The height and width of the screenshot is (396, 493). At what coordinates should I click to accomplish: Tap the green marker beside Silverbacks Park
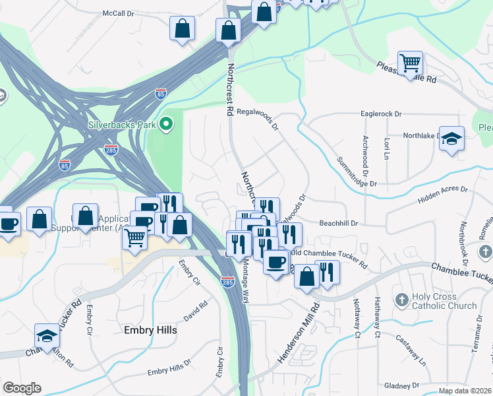coord(167,123)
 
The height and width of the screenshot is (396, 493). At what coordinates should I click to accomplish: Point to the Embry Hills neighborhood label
coord(150,330)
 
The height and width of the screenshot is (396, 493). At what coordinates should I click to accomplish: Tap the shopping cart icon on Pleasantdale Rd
coord(411,63)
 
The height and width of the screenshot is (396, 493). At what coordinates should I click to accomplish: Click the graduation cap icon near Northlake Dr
coord(452,139)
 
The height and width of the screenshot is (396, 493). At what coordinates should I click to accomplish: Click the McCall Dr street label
coord(118,13)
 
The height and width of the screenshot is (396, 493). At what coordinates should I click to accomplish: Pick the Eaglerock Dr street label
coord(381,114)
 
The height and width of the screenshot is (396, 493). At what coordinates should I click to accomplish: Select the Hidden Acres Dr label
coord(442,193)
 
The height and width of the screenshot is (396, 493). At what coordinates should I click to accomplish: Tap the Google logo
coord(22,388)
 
